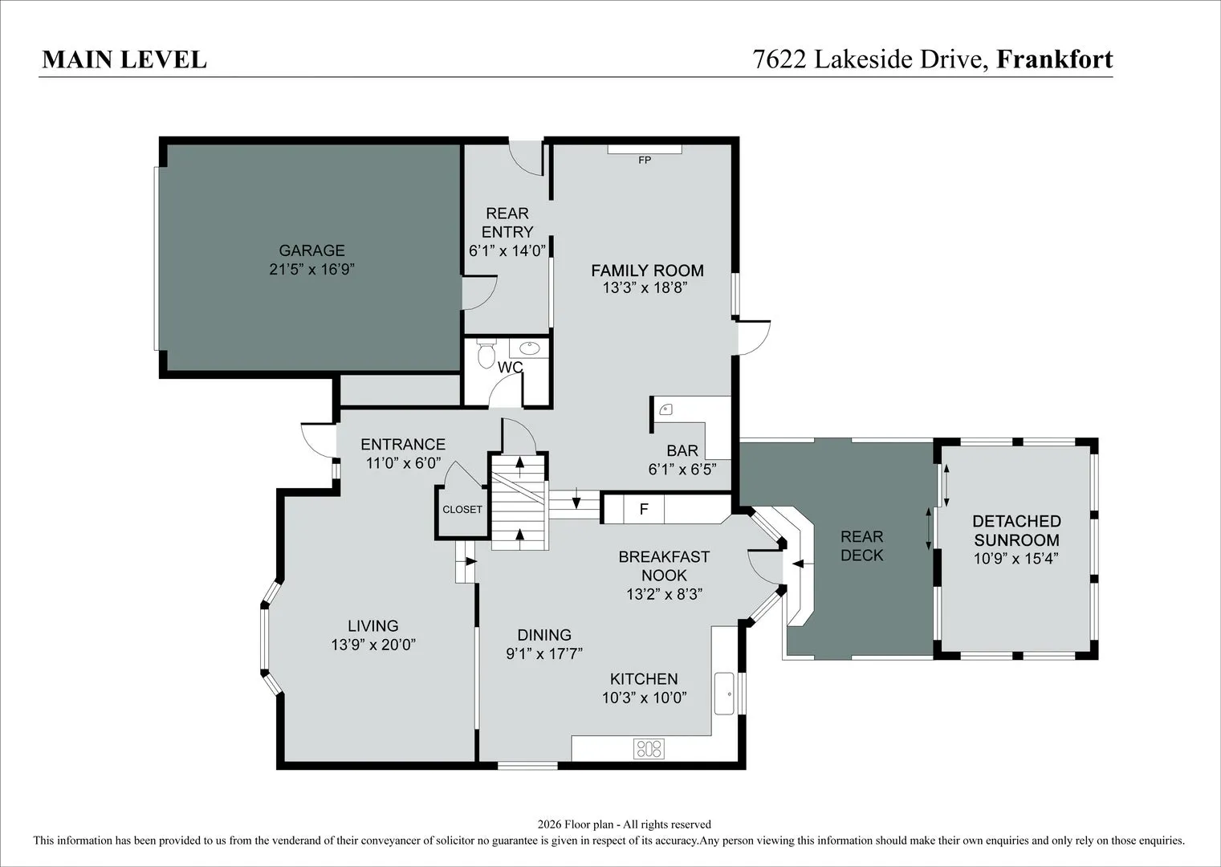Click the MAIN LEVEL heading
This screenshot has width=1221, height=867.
click(x=124, y=59)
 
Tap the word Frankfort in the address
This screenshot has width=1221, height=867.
click(x=1055, y=59)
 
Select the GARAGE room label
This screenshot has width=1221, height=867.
click(x=311, y=250)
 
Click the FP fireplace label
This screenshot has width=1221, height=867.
click(x=645, y=161)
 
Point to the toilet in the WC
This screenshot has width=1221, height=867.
click(x=486, y=353)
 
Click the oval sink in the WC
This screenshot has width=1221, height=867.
click(x=529, y=348)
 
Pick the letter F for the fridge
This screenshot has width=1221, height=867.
click(x=644, y=509)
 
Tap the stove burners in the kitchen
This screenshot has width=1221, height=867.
click(x=649, y=748)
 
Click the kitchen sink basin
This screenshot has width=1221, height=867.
click(x=724, y=693)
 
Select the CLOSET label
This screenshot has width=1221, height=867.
click(x=462, y=510)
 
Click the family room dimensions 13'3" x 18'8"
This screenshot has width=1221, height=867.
click(x=645, y=287)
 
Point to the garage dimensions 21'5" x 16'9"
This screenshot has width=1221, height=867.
click(x=311, y=269)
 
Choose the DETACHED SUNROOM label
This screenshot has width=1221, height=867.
click(x=1016, y=531)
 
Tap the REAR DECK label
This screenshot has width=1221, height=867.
click(x=862, y=546)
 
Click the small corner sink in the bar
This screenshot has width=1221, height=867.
click(x=666, y=409)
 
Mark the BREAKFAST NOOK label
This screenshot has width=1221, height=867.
click(x=664, y=566)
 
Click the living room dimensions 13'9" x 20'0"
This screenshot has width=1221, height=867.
click(x=373, y=645)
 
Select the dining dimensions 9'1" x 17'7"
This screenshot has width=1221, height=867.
click(x=544, y=653)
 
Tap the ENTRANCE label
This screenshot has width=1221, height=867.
click(x=403, y=444)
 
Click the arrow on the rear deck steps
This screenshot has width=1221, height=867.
click(x=798, y=564)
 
